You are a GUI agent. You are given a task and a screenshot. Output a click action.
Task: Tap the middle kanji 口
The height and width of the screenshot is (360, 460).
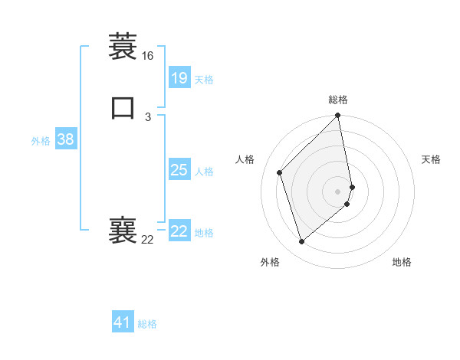tap(123, 108)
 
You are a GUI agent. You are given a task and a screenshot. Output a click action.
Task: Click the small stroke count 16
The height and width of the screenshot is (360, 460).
tap(147, 56)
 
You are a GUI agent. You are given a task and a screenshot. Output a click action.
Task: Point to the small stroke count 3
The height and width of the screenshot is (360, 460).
tap(147, 116)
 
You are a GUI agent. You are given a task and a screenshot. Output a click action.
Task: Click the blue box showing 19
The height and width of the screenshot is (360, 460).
tap(179, 77)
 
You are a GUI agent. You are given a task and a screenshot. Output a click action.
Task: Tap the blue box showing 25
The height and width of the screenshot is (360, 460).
tap(179, 170)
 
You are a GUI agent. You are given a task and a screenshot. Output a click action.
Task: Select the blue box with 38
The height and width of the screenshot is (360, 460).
tap(65, 139)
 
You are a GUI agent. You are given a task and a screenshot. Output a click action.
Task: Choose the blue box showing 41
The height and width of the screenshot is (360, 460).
tap(123, 322)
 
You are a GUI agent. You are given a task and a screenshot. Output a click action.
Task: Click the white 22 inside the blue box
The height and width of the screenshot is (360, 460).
tap(179, 231)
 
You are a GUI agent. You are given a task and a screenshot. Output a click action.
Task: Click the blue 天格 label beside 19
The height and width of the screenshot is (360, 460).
tap(204, 80)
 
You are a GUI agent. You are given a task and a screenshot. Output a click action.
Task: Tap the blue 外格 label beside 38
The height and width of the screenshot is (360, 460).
tap(41, 141)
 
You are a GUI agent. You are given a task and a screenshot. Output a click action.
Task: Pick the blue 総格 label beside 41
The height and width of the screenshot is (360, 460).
tap(147, 324)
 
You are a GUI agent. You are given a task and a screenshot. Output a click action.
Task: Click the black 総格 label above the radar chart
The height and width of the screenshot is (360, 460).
tap(338, 100)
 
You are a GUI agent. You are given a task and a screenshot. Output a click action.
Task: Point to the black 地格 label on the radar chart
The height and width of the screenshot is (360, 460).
tap(402, 262)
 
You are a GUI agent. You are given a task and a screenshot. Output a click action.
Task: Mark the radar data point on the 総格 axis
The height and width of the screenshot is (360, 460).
tap(338, 116)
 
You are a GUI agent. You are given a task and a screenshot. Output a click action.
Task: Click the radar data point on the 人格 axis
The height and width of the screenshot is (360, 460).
tap(280, 172)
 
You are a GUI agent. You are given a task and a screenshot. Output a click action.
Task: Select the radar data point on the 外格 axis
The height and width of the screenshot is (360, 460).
tap(302, 242)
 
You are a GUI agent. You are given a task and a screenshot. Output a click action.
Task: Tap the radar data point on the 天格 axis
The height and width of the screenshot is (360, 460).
tap(352, 186)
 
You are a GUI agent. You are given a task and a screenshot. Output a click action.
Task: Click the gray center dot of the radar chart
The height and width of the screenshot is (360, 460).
tap(338, 191)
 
